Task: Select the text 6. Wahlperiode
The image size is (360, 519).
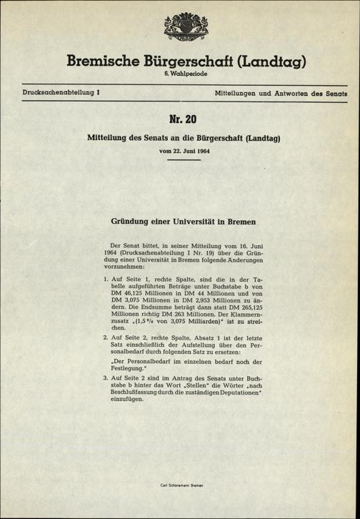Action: click(180, 76)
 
